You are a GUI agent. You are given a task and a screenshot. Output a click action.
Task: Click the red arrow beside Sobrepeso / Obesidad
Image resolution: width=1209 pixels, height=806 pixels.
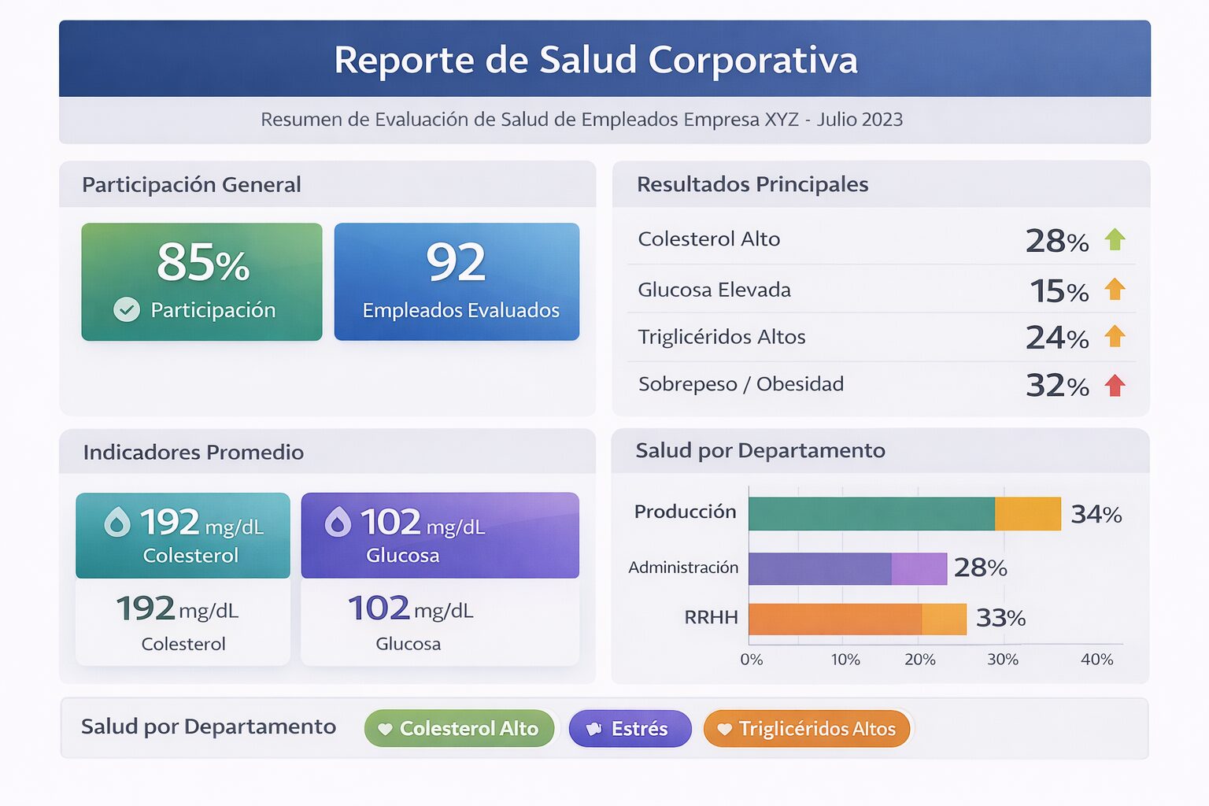coord(1115,386)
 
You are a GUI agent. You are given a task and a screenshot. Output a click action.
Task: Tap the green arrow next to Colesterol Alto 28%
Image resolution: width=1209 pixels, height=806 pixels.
coord(1115,239)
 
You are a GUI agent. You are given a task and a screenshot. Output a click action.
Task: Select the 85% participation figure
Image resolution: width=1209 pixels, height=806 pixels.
coord(203,262)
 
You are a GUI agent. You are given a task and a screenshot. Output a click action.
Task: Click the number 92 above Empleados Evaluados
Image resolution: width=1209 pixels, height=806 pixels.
coord(456,262)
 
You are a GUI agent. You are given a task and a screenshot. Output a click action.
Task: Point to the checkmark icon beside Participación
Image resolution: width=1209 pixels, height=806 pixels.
coord(127,309)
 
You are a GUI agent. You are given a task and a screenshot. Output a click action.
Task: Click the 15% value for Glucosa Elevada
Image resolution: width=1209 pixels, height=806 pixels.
coord(1059,291)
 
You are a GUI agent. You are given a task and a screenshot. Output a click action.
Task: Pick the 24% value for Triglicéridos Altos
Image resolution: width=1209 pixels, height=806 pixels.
coord(1057,338)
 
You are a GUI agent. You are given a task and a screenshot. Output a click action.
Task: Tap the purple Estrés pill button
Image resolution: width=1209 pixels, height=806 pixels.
coord(630,729)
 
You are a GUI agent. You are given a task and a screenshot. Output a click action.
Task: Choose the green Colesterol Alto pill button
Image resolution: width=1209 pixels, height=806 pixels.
coord(459,729)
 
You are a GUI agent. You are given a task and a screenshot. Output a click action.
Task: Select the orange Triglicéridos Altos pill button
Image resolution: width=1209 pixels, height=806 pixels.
coord(807,729)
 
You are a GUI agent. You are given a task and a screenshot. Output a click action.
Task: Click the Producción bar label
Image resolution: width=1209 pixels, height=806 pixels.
coord(685,512)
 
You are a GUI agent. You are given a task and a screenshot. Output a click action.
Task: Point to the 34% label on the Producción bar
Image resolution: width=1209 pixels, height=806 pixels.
coord(1096,515)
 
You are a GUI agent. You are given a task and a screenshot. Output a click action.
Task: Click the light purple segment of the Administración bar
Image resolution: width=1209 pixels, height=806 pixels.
coord(919,568)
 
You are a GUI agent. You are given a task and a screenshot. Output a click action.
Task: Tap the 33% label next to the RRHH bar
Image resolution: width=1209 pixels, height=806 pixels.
coord(1000,619)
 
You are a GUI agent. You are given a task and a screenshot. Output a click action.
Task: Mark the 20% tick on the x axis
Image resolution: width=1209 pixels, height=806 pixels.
coord(920,660)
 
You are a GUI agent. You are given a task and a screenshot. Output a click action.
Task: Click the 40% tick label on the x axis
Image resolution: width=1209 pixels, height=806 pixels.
coord(1096,660)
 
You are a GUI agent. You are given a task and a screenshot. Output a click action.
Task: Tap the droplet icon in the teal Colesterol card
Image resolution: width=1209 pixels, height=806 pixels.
coord(117,522)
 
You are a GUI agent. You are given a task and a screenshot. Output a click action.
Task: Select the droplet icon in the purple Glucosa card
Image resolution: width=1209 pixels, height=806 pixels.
coord(338,522)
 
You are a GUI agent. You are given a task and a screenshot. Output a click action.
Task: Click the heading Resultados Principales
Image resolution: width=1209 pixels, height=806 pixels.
coord(752,184)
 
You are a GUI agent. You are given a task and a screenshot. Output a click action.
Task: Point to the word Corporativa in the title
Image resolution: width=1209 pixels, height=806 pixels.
coord(752,60)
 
